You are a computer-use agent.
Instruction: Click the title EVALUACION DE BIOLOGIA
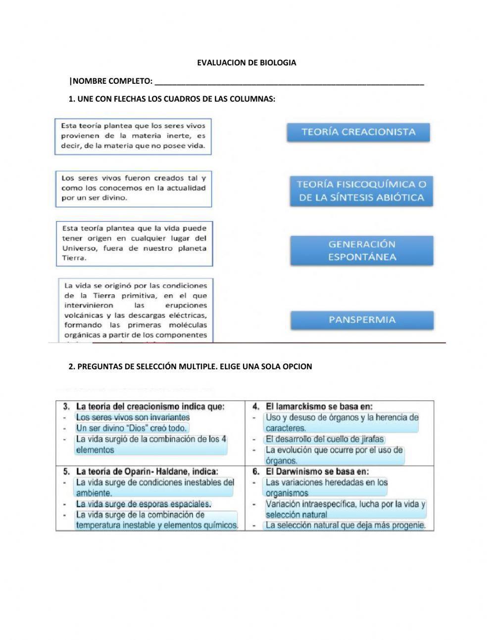click(247, 62)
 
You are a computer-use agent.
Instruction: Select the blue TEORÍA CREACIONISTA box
click(358, 132)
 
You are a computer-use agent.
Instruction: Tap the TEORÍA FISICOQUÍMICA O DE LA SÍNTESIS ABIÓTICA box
click(361, 191)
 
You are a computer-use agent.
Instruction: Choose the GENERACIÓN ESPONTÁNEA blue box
click(362, 250)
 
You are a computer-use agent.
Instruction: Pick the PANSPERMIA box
click(362, 320)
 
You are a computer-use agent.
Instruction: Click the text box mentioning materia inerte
click(133, 136)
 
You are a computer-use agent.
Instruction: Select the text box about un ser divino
click(133, 188)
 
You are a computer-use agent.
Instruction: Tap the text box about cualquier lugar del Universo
click(134, 243)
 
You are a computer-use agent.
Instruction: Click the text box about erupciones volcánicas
click(135, 310)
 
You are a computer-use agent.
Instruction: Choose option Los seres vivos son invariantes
click(133, 417)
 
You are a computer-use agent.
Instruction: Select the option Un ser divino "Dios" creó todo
click(131, 428)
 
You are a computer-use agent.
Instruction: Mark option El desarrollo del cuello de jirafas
click(324, 439)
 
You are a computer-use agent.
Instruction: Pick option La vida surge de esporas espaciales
click(144, 504)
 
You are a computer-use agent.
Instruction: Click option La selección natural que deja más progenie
click(345, 525)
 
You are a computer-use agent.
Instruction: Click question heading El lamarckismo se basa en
click(319, 407)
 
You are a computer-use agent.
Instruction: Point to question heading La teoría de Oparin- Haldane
click(147, 471)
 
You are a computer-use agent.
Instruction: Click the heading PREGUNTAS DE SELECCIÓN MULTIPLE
click(191, 367)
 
